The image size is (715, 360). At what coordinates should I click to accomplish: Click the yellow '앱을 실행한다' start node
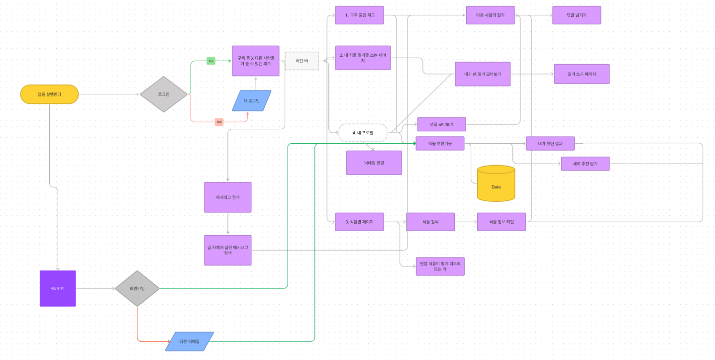click(x=49, y=94)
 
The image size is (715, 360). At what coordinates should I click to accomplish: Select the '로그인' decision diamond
click(x=164, y=93)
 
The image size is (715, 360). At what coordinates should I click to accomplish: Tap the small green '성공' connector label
click(x=211, y=61)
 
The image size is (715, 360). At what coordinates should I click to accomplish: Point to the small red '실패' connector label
click(x=219, y=121)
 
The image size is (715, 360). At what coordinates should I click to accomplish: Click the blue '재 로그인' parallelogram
click(x=252, y=100)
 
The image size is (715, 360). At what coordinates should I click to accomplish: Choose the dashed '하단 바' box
click(x=302, y=61)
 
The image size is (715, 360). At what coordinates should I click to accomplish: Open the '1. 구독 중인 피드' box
click(x=359, y=15)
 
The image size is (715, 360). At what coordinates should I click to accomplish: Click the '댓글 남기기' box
click(x=576, y=15)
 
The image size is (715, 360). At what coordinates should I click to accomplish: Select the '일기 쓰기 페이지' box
click(x=581, y=74)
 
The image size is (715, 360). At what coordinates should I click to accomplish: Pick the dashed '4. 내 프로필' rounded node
click(x=363, y=133)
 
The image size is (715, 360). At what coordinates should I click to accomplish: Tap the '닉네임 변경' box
click(x=374, y=163)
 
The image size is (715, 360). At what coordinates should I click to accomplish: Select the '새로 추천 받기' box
click(x=585, y=164)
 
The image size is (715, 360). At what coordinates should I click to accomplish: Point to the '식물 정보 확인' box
click(x=501, y=222)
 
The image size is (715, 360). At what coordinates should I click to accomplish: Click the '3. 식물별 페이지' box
click(x=359, y=222)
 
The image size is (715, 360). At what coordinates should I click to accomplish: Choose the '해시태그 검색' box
click(x=228, y=197)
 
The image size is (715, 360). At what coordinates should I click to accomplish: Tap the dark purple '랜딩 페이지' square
click(x=58, y=288)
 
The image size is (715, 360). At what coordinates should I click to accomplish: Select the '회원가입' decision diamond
click(x=137, y=288)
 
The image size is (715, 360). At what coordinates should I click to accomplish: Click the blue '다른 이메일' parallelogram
click(x=189, y=342)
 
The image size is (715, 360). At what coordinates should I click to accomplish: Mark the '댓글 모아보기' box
click(x=441, y=124)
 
